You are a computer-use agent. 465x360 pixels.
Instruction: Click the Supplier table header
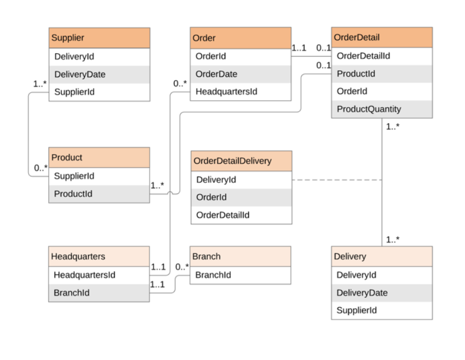tap(99, 38)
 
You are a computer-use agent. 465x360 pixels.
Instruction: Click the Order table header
tap(240, 38)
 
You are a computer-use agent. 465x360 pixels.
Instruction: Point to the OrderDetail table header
tap(382, 38)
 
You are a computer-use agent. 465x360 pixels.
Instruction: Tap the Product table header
tap(99, 158)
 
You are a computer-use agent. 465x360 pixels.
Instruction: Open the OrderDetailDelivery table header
tap(241, 161)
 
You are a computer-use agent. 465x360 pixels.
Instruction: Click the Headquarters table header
tap(99, 256)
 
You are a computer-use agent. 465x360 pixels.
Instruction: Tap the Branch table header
tap(240, 256)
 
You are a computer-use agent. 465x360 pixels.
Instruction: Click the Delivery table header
tap(382, 256)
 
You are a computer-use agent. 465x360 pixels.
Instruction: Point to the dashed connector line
tap(337, 180)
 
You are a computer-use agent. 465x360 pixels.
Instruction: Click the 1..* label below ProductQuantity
tap(393, 127)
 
